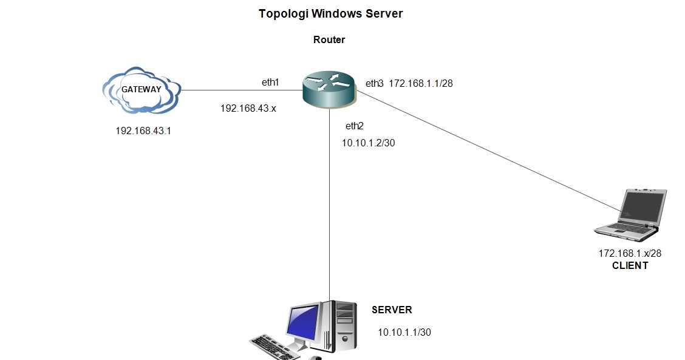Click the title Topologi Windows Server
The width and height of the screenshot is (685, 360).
click(x=331, y=13)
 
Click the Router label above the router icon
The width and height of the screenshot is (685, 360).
click(x=329, y=40)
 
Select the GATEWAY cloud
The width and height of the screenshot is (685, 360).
click(x=141, y=90)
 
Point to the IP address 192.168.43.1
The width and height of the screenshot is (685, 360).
click(x=143, y=131)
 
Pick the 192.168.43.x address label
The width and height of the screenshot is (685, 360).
click(x=248, y=109)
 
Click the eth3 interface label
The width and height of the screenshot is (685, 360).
click(x=374, y=84)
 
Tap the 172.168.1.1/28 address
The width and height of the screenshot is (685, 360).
click(x=421, y=84)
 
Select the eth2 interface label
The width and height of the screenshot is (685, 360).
click(x=354, y=126)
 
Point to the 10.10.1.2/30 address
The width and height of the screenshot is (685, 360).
click(x=370, y=143)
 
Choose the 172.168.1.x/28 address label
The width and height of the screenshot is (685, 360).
click(x=630, y=254)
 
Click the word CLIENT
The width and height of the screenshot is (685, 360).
click(x=630, y=265)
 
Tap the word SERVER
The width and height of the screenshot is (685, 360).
click(x=392, y=310)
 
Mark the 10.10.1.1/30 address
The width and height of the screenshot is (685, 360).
click(x=404, y=332)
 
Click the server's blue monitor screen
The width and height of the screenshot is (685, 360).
click(x=303, y=324)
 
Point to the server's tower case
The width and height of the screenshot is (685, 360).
click(x=343, y=328)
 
